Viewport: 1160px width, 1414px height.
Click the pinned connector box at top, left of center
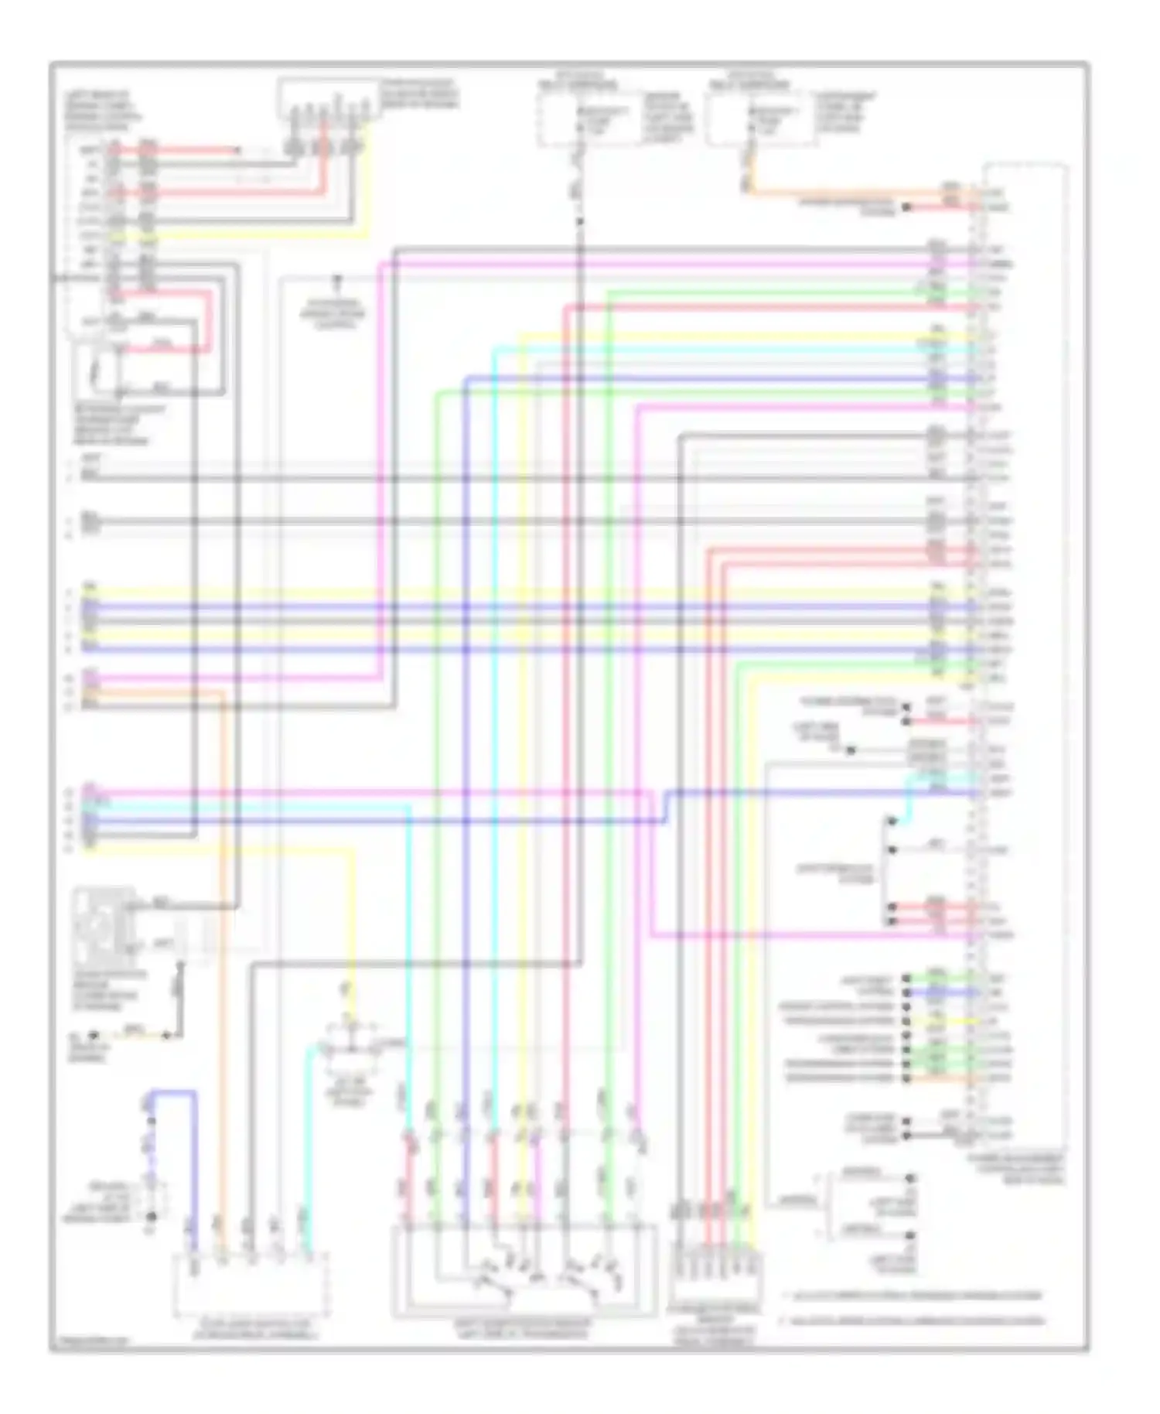[x=329, y=99]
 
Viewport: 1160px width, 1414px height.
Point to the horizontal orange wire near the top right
[x=851, y=193]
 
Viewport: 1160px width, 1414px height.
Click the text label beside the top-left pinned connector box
[x=418, y=94]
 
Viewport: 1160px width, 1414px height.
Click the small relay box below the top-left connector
[x=116, y=369]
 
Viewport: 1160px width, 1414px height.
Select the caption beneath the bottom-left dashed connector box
[x=255, y=1331]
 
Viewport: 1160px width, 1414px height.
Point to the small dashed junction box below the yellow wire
[x=352, y=1047]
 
